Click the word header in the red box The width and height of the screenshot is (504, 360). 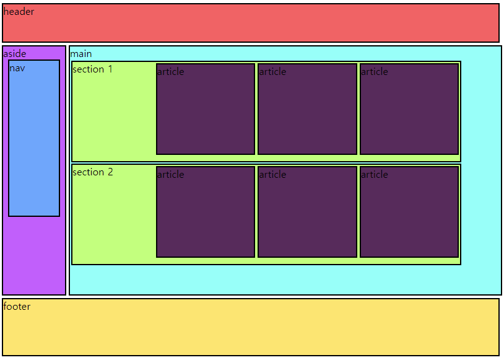coord(19,12)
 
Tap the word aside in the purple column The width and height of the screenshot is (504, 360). coord(14,54)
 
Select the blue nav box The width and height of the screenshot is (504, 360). coord(34,143)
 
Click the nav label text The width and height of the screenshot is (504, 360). coord(17,68)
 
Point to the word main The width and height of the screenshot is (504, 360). coord(80,54)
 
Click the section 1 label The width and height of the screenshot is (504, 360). coord(92,69)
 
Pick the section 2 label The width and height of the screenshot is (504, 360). coord(92,172)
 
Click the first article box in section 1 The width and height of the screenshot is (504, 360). coord(206,112)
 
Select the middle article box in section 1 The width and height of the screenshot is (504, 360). coord(307,112)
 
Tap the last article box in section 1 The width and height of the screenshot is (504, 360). coord(409,112)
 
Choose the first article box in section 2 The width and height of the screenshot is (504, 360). coord(206,214)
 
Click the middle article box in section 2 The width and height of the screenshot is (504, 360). coord(307,214)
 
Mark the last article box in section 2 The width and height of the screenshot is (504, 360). coord(409,214)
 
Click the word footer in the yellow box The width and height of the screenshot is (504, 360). coord(17,306)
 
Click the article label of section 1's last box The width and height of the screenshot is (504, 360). coord(374,71)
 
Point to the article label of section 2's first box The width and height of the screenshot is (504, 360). coord(170,174)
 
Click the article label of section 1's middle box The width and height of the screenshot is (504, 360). coord(272,71)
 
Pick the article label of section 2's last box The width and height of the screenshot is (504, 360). coord(374,174)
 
